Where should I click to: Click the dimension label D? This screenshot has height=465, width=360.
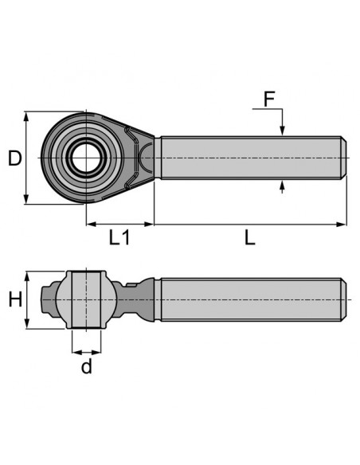tap(14, 158)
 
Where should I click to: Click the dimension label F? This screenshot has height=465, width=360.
tap(269, 100)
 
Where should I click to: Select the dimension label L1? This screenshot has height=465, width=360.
tap(119, 238)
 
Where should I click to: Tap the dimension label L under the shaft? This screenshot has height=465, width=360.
tap(249, 238)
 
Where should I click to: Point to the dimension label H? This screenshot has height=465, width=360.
tap(14, 300)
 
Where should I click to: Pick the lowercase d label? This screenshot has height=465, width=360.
tap(86, 366)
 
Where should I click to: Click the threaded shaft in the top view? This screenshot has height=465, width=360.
tap(247, 158)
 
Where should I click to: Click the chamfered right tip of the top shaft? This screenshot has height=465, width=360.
tap(343, 158)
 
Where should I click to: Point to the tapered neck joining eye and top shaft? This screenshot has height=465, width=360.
tap(146, 158)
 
